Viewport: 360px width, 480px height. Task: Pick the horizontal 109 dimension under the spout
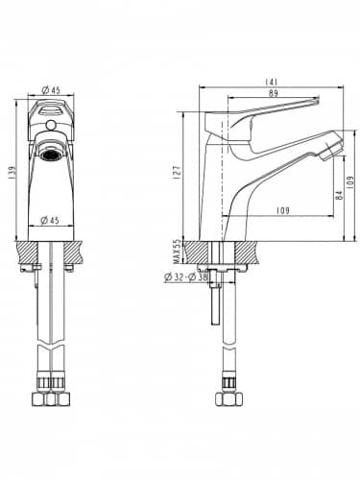282,211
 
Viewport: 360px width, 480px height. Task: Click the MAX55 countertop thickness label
176,252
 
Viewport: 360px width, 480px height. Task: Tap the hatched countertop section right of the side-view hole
248,252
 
